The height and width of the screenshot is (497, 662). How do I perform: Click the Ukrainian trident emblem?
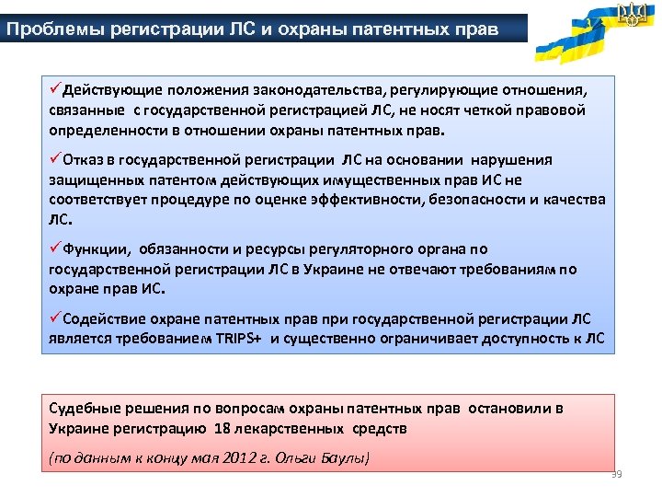[x=633, y=14]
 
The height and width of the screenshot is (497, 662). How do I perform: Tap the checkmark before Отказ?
[x=56, y=158]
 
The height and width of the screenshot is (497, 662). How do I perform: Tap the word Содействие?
[x=105, y=319]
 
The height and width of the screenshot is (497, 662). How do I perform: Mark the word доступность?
[x=528, y=338]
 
